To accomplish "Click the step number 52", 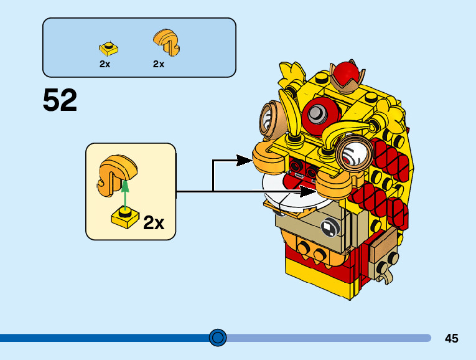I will [x=60, y=100].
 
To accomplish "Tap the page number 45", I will [x=451, y=338].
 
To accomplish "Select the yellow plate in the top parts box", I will [x=108, y=47].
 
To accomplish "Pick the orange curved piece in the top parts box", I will [x=166, y=41].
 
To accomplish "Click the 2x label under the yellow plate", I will [x=105, y=64].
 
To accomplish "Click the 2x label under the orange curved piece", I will [x=159, y=64].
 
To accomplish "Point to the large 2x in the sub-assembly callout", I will [x=154, y=222].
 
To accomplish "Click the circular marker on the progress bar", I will [x=218, y=338].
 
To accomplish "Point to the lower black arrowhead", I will [x=309, y=191].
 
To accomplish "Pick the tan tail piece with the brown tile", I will [x=383, y=249].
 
